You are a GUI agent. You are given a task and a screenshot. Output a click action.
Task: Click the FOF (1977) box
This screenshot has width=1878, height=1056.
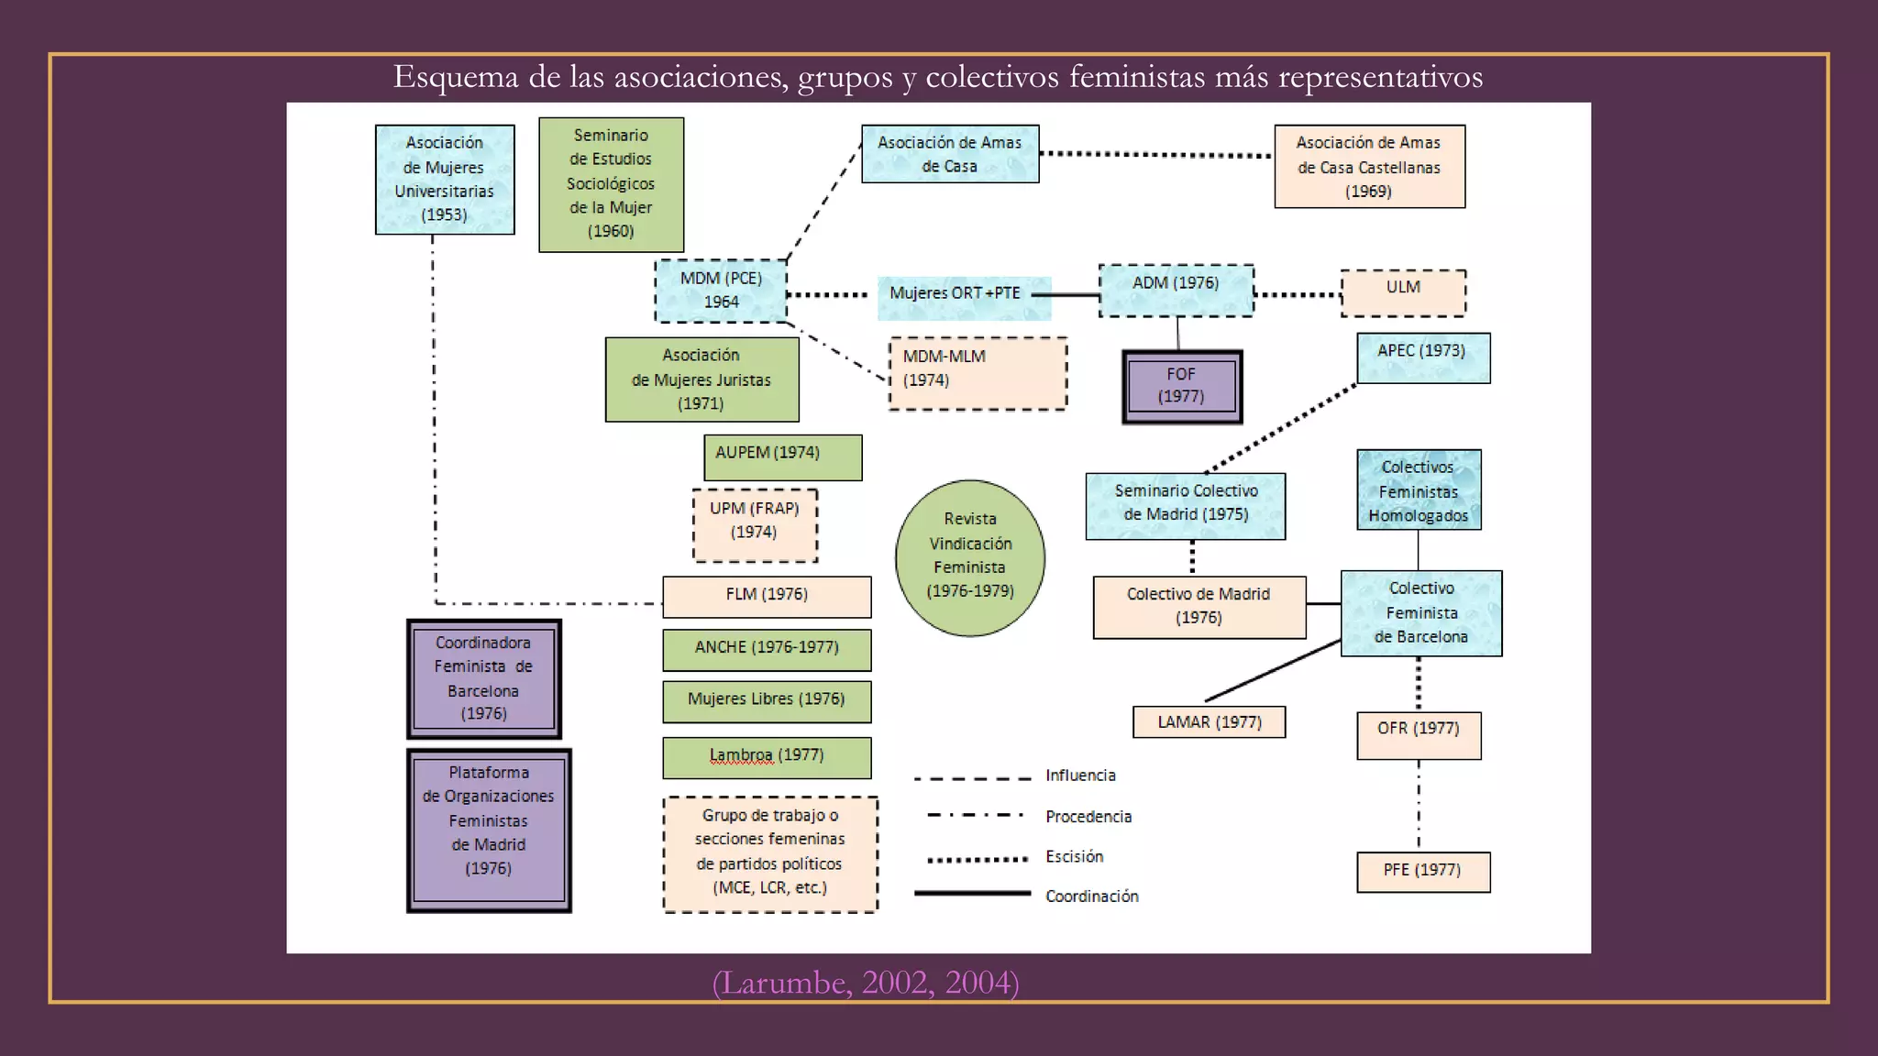coord(1182,386)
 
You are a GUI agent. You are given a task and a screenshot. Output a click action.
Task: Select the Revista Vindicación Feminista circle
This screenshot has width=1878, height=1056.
coord(970,557)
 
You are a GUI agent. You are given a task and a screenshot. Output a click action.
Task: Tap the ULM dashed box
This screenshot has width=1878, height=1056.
coord(1403,292)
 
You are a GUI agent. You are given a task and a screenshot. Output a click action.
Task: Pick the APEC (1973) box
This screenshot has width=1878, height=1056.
coord(1422,357)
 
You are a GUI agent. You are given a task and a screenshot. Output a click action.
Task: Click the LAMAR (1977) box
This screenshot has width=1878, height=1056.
coord(1209,722)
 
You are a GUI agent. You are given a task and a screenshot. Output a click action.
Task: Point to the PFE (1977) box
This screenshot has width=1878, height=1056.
coord(1422,871)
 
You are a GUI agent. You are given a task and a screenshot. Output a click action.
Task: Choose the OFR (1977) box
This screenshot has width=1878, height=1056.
coord(1419,735)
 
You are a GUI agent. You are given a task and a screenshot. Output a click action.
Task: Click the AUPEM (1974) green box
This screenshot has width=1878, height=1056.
coord(782,457)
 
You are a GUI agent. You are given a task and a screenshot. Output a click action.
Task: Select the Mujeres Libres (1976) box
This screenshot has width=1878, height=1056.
coord(767,701)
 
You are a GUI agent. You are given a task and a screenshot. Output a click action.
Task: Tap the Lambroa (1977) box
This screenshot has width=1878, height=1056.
coord(767,757)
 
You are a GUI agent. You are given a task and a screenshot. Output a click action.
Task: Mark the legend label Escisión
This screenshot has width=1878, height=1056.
coord(1074,856)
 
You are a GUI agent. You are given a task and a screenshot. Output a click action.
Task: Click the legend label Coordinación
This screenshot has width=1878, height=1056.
coord(1091,896)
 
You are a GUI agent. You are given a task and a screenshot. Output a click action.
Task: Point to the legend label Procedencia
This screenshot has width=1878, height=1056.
coord(1088,817)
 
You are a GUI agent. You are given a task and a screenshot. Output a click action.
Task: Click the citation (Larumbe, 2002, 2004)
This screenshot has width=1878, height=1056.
coord(865,983)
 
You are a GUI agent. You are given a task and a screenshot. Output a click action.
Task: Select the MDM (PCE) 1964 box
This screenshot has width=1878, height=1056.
coord(721,291)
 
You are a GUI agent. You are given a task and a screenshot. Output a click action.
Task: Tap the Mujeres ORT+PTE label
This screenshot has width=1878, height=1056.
coord(955,293)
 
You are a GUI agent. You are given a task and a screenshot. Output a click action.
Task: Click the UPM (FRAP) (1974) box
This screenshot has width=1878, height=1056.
coord(754,524)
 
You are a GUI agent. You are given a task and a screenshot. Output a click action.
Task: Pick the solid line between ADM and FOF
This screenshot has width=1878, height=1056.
coord(1178,334)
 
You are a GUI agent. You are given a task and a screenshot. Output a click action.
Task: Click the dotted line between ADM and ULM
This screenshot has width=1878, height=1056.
coord(1297,294)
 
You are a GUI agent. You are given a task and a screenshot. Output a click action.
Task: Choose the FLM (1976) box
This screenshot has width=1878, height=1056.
coord(767,597)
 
